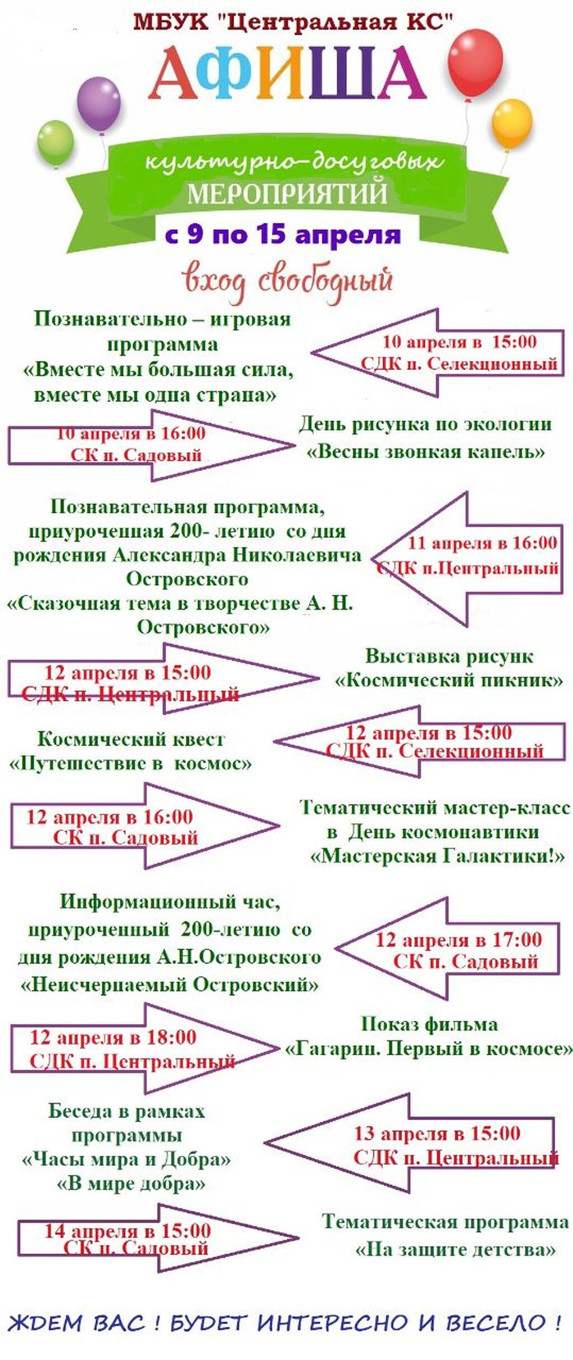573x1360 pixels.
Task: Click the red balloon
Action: (476, 63)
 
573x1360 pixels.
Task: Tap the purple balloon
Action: (99, 104)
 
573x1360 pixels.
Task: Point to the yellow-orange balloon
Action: (511, 124)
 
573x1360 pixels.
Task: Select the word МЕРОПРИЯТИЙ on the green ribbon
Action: (287, 193)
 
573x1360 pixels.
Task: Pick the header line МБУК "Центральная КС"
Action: (293, 22)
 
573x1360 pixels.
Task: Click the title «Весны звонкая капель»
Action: (425, 451)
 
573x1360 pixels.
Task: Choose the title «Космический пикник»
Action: (449, 680)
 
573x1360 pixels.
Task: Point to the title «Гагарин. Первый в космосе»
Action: (429, 1049)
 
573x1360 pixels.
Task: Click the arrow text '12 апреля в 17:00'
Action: (458, 939)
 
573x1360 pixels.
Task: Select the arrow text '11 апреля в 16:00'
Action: (482, 542)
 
